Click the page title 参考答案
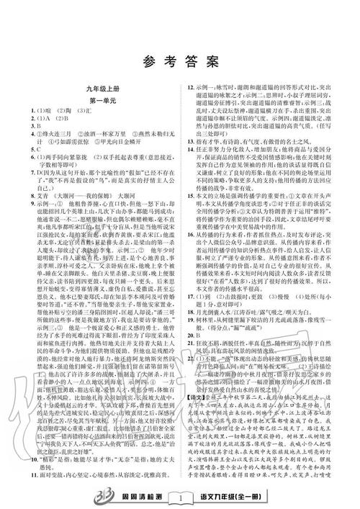point(179,61)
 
